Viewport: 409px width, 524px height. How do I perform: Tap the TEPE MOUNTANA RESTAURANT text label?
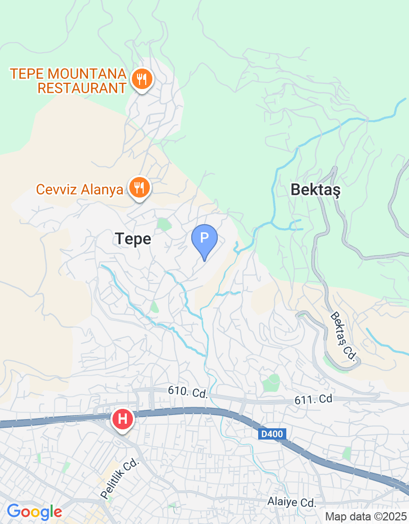pos(68,80)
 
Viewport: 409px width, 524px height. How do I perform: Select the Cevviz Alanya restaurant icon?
pos(138,188)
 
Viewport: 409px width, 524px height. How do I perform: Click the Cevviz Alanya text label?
pos(79,189)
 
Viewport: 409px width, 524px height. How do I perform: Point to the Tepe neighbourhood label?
pos(133,238)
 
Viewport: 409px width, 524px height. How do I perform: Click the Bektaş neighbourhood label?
pos(315,190)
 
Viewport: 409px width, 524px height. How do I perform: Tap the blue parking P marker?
pos(204,238)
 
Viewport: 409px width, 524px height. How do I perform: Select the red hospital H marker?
pos(123,419)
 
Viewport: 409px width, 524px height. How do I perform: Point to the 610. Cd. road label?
pos(188,392)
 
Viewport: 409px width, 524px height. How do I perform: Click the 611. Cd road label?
pos(313,399)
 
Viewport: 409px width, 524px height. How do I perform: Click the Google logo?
pos(34,511)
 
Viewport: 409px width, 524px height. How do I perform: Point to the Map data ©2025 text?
pos(366,517)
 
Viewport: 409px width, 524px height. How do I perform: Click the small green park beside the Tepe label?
pos(163,224)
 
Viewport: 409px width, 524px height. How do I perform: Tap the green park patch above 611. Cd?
pos(271,382)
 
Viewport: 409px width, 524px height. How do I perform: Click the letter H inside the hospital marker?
pos(123,419)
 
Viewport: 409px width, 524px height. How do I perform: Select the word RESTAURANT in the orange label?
pos(82,88)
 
